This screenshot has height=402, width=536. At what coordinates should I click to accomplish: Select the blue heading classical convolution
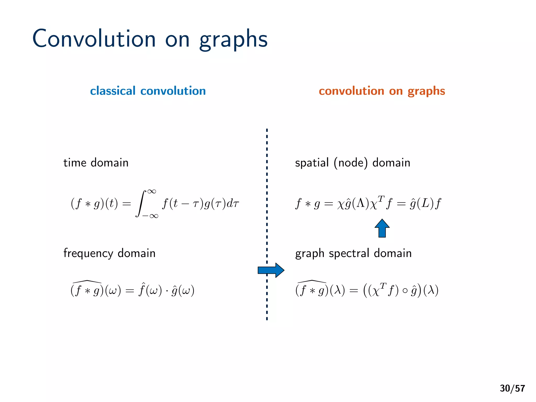click(x=148, y=91)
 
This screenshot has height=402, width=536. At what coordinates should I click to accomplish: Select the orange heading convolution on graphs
click(x=382, y=91)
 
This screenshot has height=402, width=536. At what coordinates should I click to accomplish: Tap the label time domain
click(x=96, y=163)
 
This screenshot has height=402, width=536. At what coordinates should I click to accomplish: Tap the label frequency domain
click(x=109, y=253)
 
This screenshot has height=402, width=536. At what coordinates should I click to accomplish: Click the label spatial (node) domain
click(x=352, y=163)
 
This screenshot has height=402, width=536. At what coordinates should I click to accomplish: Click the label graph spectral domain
click(x=353, y=253)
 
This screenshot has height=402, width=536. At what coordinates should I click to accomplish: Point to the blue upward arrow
click(x=382, y=228)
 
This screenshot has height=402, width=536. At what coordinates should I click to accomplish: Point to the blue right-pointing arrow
click(x=271, y=270)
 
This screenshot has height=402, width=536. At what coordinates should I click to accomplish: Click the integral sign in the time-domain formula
click(x=141, y=204)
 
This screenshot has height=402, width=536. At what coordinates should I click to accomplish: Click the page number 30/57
click(x=512, y=388)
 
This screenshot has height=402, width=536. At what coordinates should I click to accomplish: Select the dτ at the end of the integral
click(x=233, y=203)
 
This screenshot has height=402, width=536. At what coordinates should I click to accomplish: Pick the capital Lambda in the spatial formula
click(x=360, y=203)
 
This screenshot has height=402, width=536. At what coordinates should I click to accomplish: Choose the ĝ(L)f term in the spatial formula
click(x=425, y=203)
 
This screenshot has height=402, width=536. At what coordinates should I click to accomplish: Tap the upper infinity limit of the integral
click(x=152, y=191)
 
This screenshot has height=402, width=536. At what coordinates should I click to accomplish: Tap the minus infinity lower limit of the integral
click(x=150, y=216)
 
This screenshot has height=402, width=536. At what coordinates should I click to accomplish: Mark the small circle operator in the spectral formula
click(x=405, y=291)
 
